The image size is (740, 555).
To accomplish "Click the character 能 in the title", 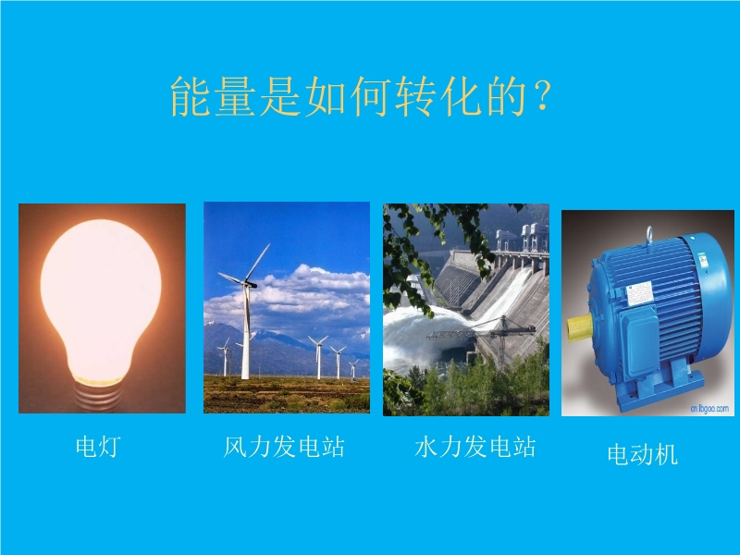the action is (191, 96).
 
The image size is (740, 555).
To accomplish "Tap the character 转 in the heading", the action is (416, 96).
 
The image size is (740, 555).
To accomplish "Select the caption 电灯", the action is (98, 447).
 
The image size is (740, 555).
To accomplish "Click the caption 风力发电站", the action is (284, 447).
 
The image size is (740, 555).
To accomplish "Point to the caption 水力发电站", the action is (475, 447).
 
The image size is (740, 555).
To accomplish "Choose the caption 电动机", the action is (642, 454).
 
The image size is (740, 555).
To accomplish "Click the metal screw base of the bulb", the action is (98, 396).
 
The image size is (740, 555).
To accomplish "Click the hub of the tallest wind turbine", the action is (247, 283).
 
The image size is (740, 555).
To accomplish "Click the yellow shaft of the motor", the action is (580, 328).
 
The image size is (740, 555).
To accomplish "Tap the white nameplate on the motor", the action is (639, 294).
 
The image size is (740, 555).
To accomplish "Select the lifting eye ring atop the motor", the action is (650, 235).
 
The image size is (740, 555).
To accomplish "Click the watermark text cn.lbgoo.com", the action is (709, 408).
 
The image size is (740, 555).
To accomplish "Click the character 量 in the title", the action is (235, 96).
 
